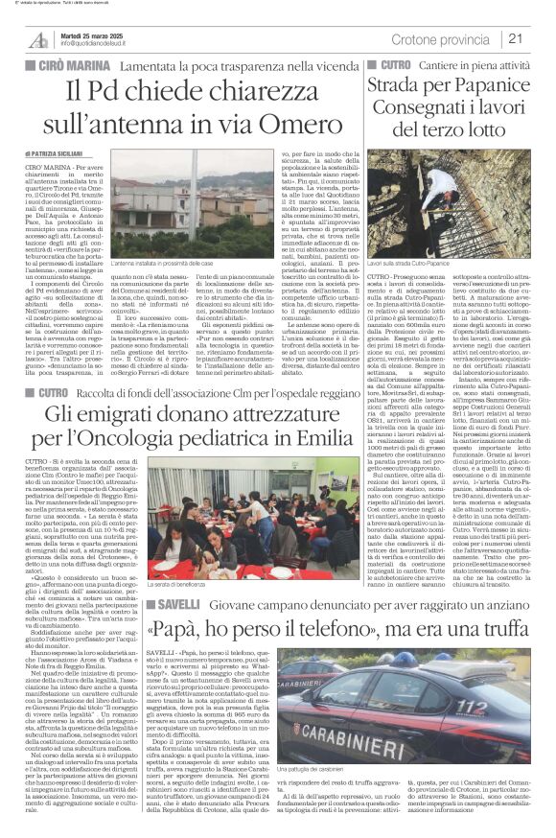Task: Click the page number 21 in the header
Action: (x=515, y=38)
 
